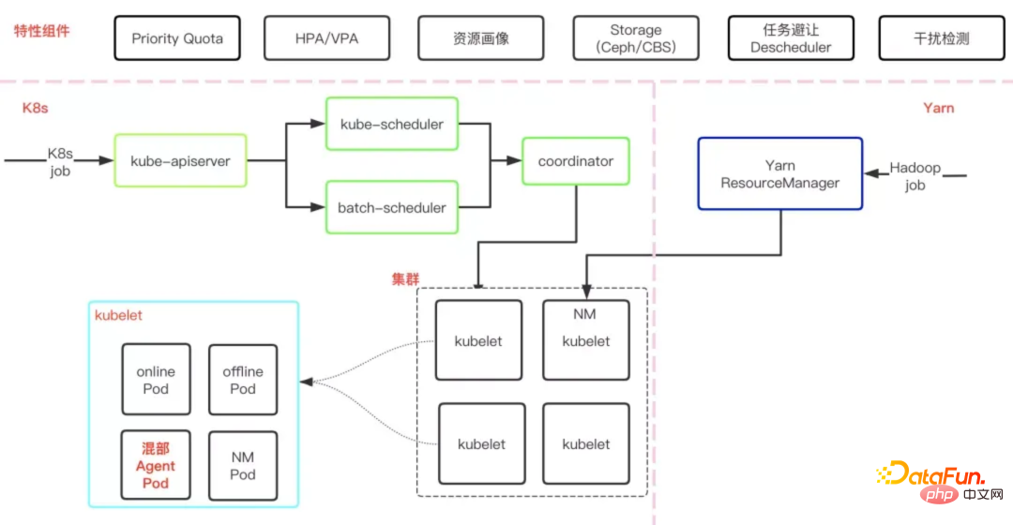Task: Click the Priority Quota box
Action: (x=177, y=39)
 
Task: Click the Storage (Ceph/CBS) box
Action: (x=635, y=39)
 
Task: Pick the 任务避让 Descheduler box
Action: (x=791, y=39)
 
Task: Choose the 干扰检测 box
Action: (x=942, y=39)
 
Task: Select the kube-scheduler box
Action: (x=391, y=124)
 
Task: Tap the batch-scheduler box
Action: (x=391, y=207)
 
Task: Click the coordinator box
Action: (x=575, y=161)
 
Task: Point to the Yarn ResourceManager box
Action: (x=779, y=174)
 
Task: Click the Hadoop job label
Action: (x=915, y=176)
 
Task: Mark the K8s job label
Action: (x=60, y=161)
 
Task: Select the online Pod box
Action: (x=156, y=380)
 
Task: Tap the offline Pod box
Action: (x=243, y=380)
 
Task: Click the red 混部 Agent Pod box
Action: (x=156, y=466)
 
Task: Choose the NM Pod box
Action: (x=243, y=466)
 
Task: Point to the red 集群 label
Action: (x=405, y=279)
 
